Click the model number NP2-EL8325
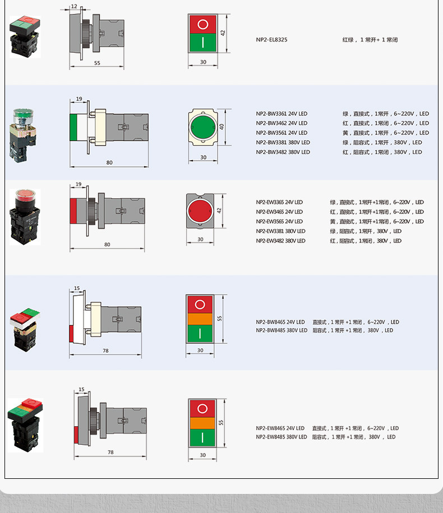271,40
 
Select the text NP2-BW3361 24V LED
282,114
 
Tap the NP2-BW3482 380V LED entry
283,152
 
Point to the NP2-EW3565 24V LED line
279,222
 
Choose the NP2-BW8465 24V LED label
280,322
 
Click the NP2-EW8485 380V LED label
282,437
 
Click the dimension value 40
222,127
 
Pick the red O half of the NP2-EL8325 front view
203,24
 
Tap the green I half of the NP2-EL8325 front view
203,43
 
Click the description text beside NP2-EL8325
370,40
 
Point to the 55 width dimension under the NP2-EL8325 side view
97,63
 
